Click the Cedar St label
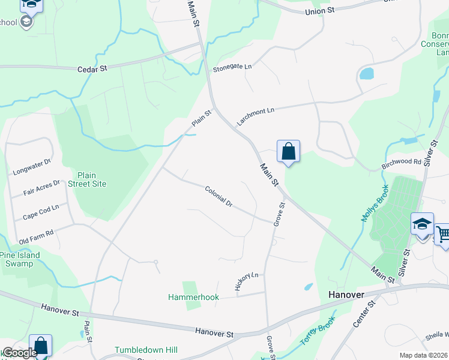(x=92, y=69)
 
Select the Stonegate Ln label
(x=232, y=67)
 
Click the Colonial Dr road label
(x=218, y=196)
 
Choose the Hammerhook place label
(x=193, y=297)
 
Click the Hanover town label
(x=347, y=295)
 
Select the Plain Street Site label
(x=88, y=179)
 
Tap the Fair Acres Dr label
(x=41, y=188)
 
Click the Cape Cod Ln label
(x=41, y=211)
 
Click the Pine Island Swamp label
(x=20, y=259)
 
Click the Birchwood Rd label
(x=402, y=162)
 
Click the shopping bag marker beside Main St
(x=288, y=151)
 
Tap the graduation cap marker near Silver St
(x=422, y=224)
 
